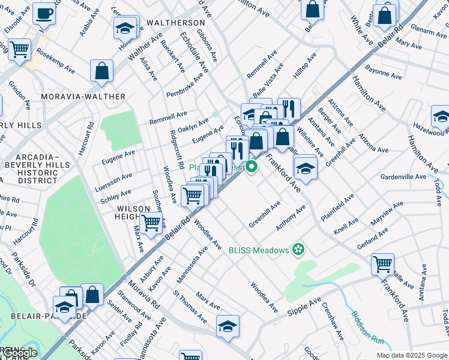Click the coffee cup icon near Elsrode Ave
pyautogui.click(x=44, y=13)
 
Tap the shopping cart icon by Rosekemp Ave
pyautogui.click(x=19, y=49)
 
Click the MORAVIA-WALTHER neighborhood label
pyautogui.click(x=83, y=97)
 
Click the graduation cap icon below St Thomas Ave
pyautogui.click(x=228, y=328)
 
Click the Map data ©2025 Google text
pyautogui.click(x=411, y=355)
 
